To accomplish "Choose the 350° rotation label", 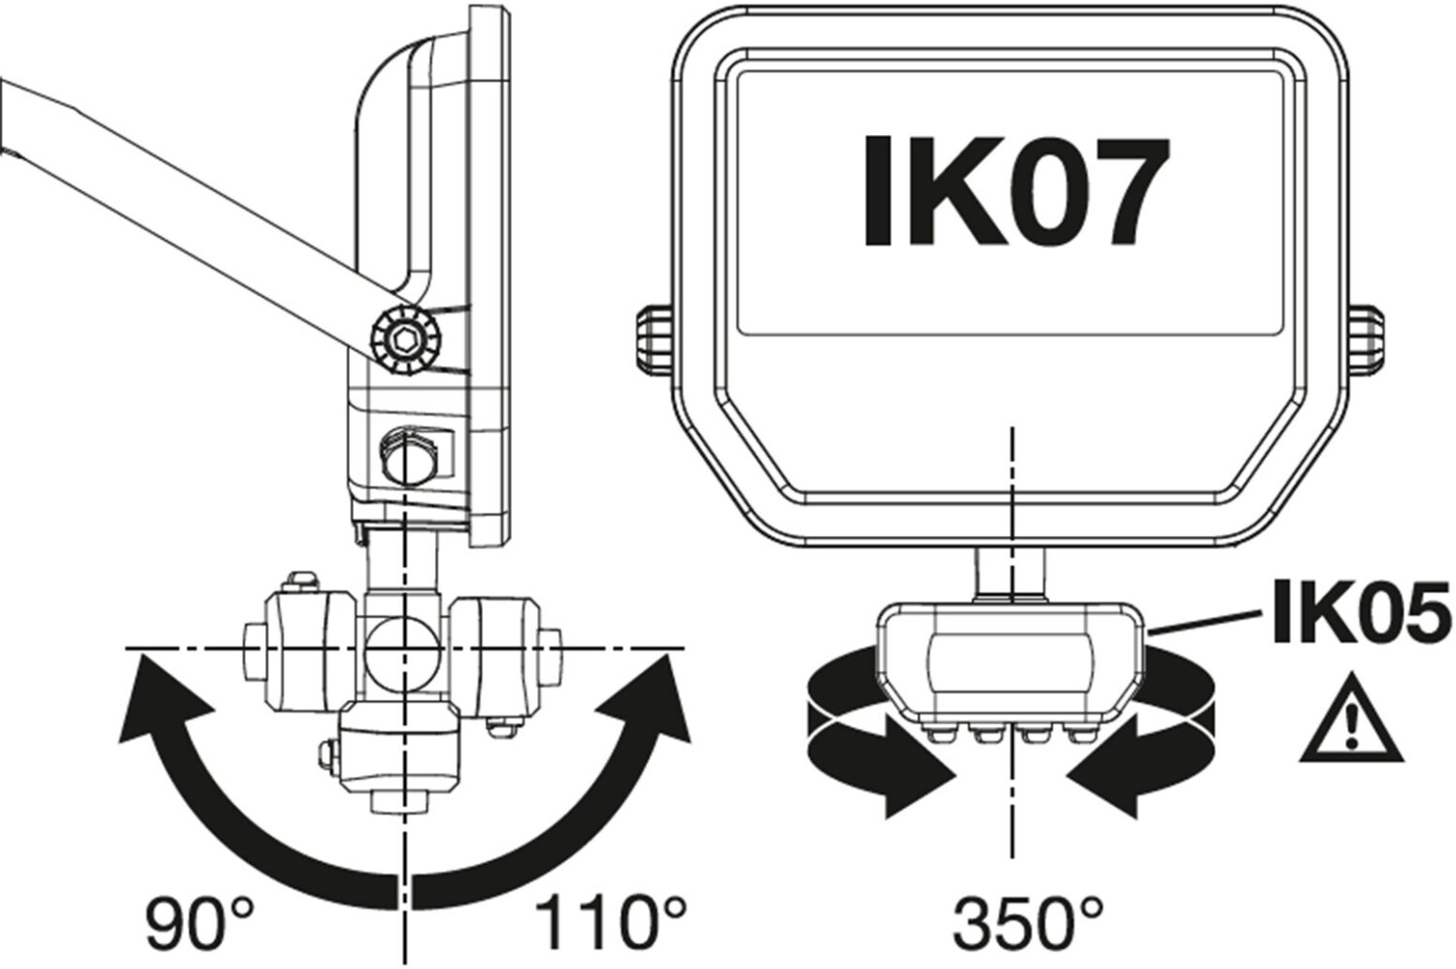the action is (x=1029, y=923).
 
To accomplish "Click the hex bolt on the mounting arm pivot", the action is (x=406, y=340).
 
